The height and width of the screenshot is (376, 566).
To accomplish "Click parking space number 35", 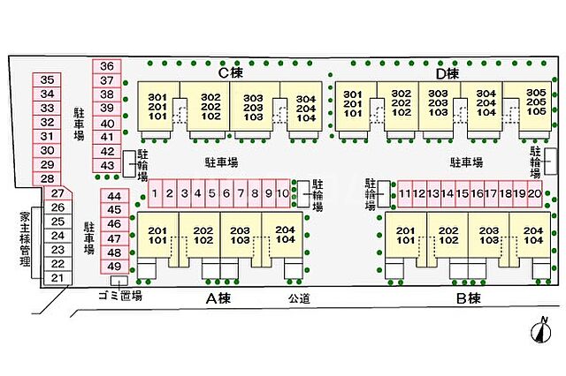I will pyautogui.click(x=48, y=79).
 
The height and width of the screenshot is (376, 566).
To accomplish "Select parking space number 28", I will pyautogui.click(x=48, y=178).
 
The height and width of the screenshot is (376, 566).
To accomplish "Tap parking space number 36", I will pyautogui.click(x=107, y=66).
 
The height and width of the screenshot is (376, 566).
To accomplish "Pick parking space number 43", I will pyautogui.click(x=107, y=165).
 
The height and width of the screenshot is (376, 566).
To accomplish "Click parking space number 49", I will pyautogui.click(x=113, y=267).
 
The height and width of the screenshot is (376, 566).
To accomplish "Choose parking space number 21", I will pyautogui.click(x=57, y=279).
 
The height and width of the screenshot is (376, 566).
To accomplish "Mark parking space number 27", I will pyautogui.click(x=57, y=193).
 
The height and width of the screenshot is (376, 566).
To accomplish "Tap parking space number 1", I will pyautogui.click(x=155, y=192).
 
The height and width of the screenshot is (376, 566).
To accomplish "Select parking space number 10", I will pyautogui.click(x=282, y=192).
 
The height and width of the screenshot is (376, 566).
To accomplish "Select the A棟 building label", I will pyautogui.click(x=218, y=298).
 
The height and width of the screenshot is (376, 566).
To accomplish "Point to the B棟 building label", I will pyautogui.click(x=467, y=298).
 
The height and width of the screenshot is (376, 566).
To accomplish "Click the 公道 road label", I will pyautogui.click(x=299, y=299).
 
